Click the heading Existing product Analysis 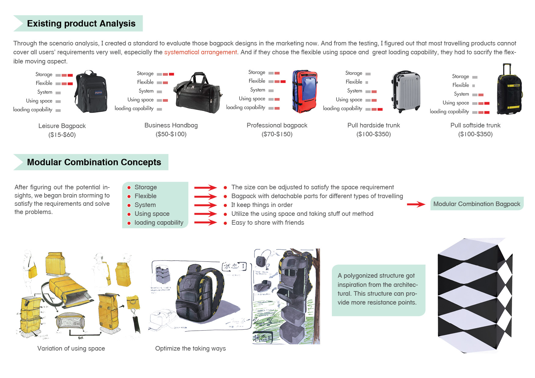(x=81, y=23)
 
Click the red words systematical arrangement (x=200, y=52)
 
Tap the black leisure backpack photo (x=91, y=92)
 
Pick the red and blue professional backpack (x=305, y=91)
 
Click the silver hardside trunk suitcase (x=406, y=91)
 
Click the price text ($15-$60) (x=62, y=135)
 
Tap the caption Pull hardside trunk (x=373, y=125)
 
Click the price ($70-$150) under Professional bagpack (x=277, y=134)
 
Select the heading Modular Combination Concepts (x=94, y=162)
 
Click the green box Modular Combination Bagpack (x=476, y=204)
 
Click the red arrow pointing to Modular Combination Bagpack (x=416, y=204)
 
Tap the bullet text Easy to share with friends (x=267, y=223)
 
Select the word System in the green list (x=145, y=205)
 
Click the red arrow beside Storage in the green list (x=205, y=187)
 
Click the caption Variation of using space (x=71, y=348)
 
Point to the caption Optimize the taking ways (x=190, y=348)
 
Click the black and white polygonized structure (x=475, y=296)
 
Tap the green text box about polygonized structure (x=378, y=290)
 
